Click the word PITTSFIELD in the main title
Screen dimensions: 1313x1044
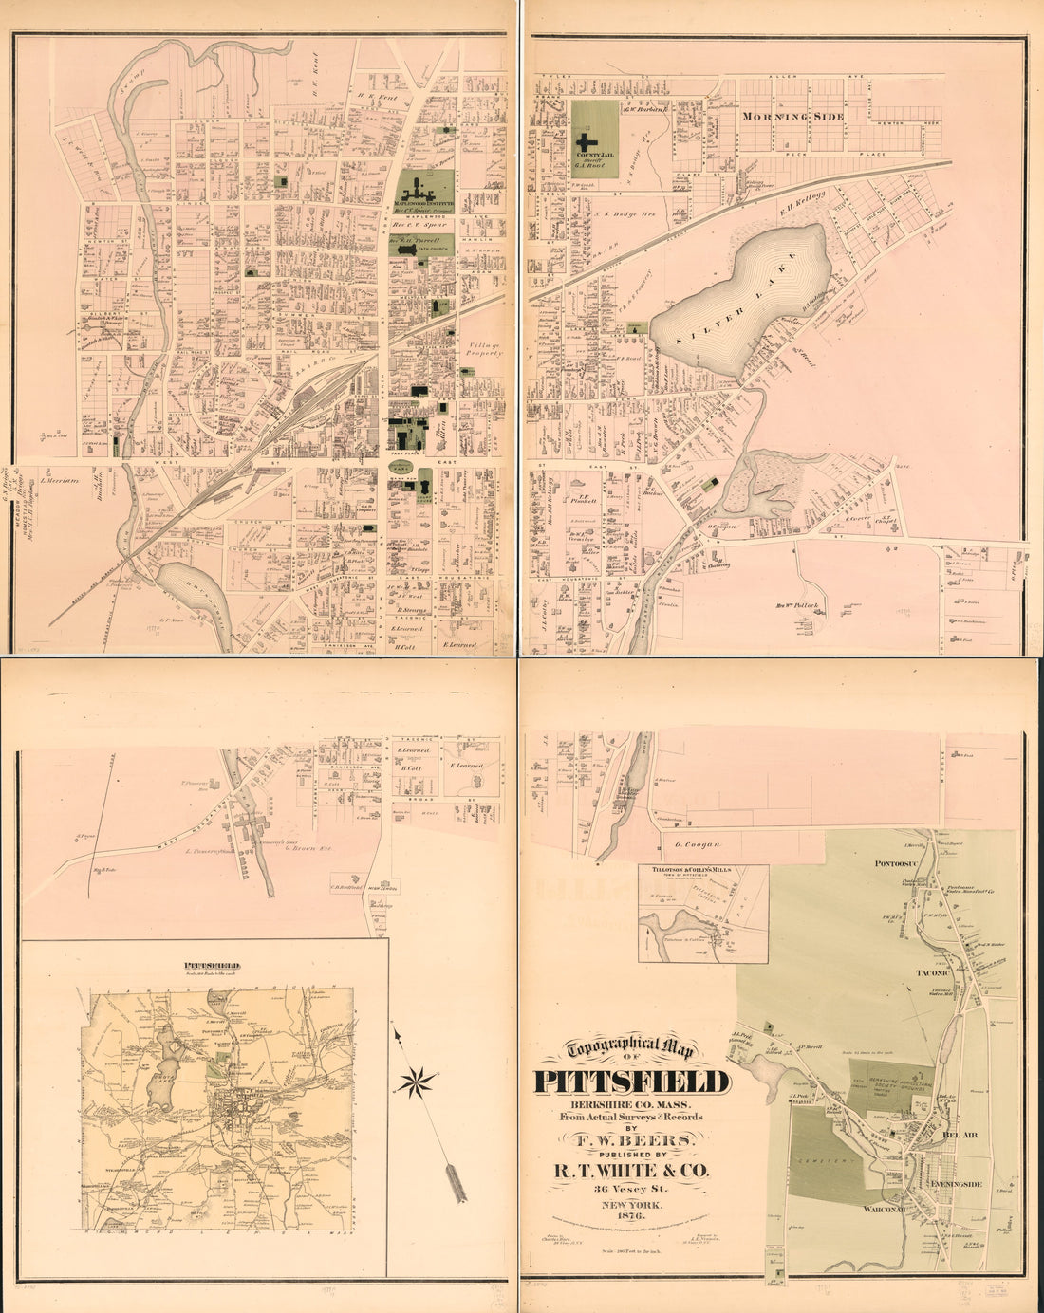(x=632, y=1082)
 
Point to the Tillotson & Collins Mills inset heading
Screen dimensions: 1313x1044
(x=702, y=870)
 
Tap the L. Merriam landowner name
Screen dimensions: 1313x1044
(x=57, y=482)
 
